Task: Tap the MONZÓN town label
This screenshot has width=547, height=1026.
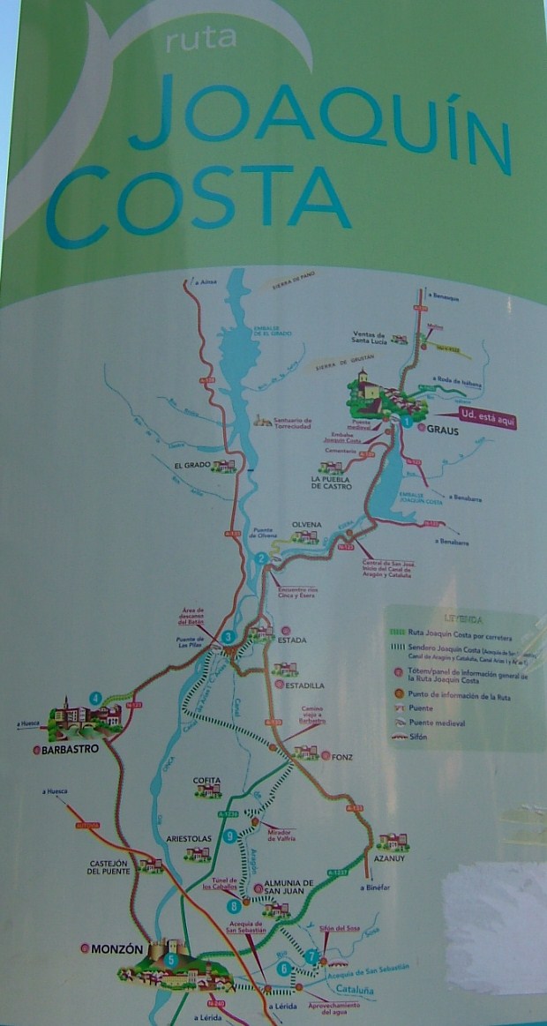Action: pos(116,949)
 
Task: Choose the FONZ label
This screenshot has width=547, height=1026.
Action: pos(342,756)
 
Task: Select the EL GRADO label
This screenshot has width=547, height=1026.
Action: pos(191,465)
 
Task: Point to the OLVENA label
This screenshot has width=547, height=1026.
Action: pos(306,524)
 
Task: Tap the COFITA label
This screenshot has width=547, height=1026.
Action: pos(207,780)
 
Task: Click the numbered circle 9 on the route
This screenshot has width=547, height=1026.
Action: pos(229,835)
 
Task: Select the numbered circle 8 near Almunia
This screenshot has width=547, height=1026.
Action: pos(234,905)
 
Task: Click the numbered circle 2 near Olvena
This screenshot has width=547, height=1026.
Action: pos(261,558)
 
